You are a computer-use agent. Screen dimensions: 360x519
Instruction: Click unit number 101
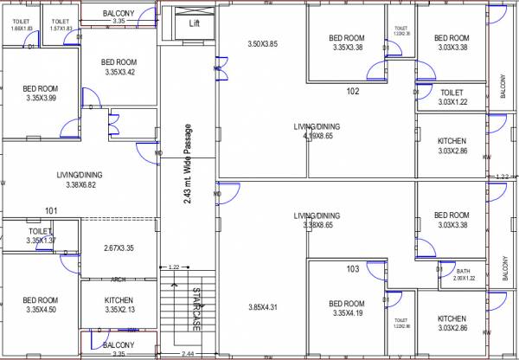[51, 210]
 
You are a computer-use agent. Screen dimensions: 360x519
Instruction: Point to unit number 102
[353, 91]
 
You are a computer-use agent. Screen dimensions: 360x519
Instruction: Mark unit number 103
[353, 269]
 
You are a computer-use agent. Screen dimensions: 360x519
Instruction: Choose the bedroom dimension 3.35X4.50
[41, 310]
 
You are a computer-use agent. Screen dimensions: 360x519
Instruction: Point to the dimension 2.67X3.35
[118, 248]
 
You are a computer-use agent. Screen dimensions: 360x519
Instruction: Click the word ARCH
[119, 280]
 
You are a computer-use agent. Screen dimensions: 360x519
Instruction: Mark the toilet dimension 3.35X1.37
[41, 241]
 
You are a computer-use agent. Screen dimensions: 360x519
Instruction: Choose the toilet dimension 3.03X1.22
[452, 102]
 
